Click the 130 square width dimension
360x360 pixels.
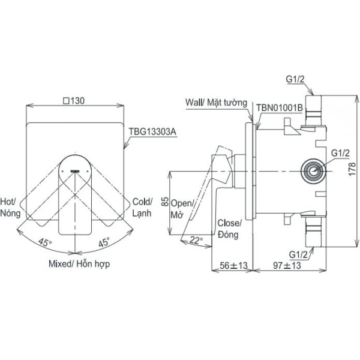pos(73,101)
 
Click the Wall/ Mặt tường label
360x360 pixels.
pos(216,103)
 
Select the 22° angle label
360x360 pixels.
pos(196,239)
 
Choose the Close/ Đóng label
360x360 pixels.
pos(229,227)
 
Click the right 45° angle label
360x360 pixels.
pos(103,242)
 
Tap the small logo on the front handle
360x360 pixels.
pos(74,172)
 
